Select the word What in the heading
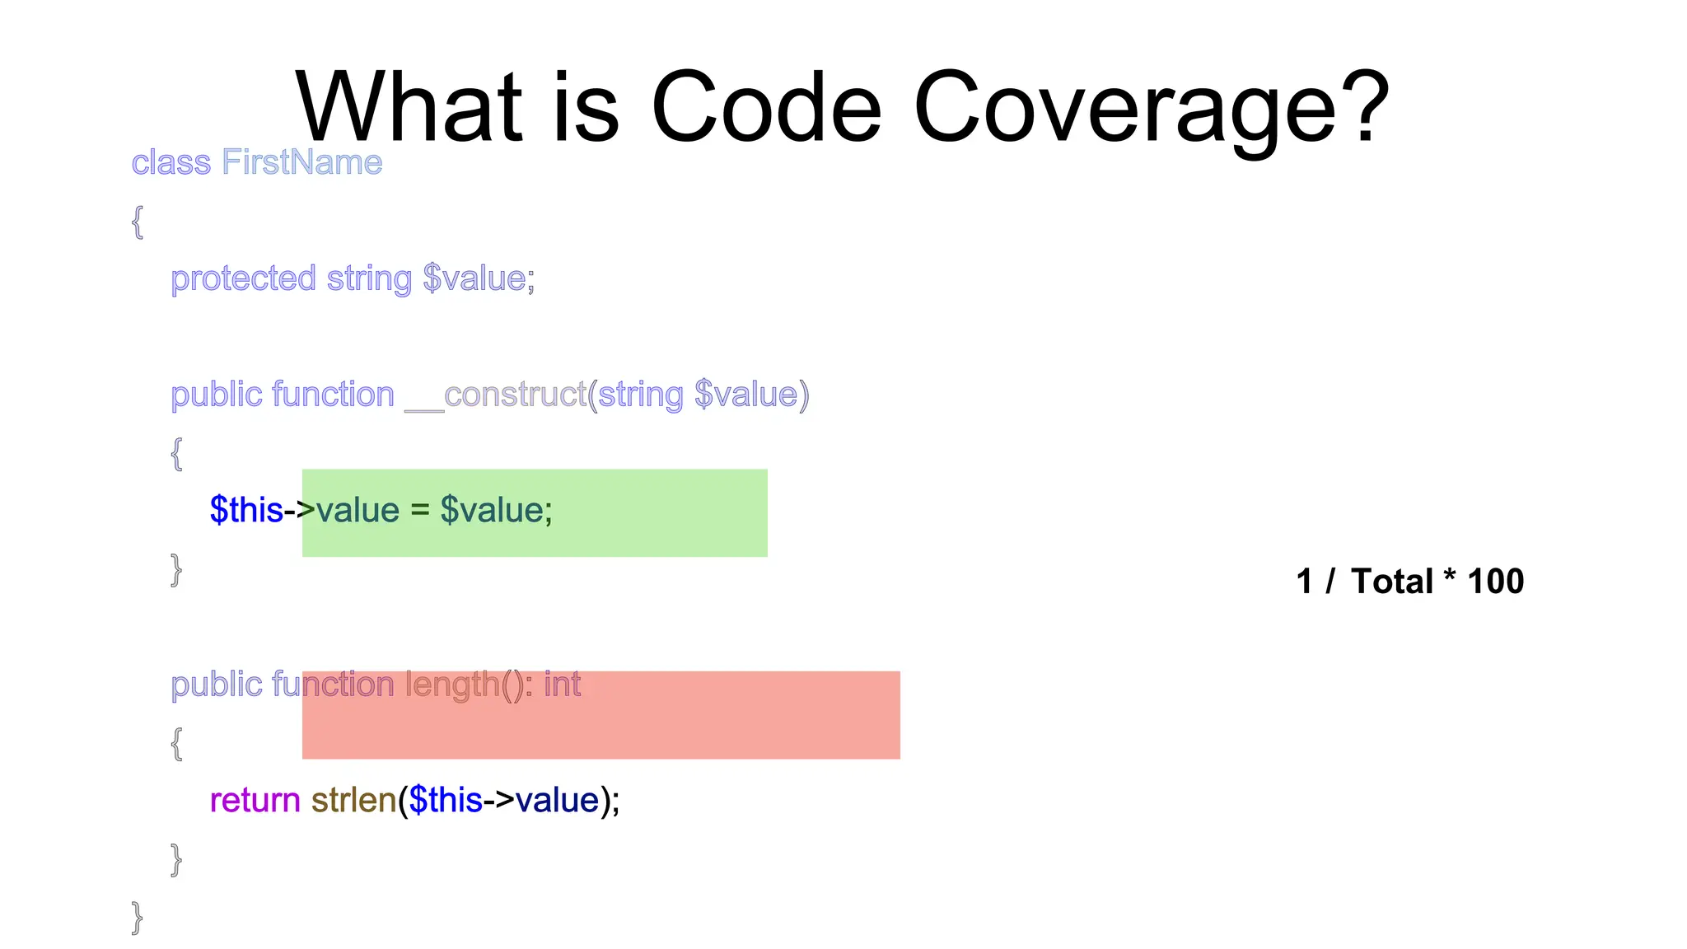[409, 107]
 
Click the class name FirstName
[302, 162]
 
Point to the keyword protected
[243, 279]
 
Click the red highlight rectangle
[741, 725]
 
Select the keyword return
[255, 801]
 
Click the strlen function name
[353, 801]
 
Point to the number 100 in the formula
[1495, 582]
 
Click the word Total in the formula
[1392, 582]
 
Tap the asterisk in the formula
[1449, 577]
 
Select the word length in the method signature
[452, 685]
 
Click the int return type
[563, 685]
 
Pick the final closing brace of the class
[138, 917]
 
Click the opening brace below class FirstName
[138, 222]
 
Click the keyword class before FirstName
[171, 162]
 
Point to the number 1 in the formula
[1304, 582]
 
